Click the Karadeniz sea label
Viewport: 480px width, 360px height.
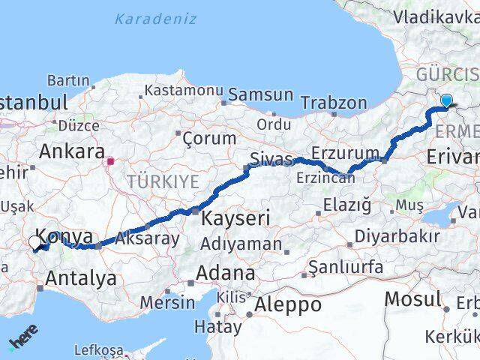click(x=157, y=19)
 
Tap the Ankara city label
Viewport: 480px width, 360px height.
click(x=71, y=151)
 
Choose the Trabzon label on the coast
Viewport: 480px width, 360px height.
click(x=334, y=103)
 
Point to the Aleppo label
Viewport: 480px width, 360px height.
click(x=288, y=305)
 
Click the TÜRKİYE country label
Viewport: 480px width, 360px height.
click(x=163, y=181)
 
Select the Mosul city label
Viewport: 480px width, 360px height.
click(x=412, y=299)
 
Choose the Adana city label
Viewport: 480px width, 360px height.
click(x=225, y=273)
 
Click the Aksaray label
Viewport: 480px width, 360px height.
click(x=148, y=238)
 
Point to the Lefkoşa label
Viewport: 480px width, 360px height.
click(x=98, y=349)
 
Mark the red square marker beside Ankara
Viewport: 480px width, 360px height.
click(x=110, y=160)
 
